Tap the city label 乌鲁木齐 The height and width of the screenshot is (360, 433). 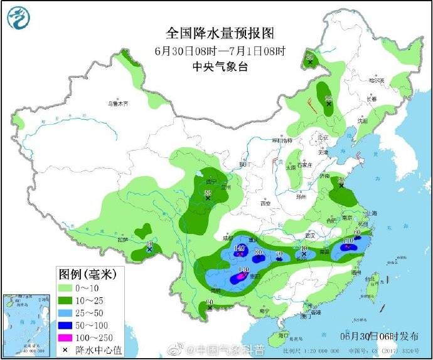click(117, 103)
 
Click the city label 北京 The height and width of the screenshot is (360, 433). click(323, 137)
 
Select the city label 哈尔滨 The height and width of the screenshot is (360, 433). click(376, 80)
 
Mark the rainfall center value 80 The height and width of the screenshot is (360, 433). click(258, 252)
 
